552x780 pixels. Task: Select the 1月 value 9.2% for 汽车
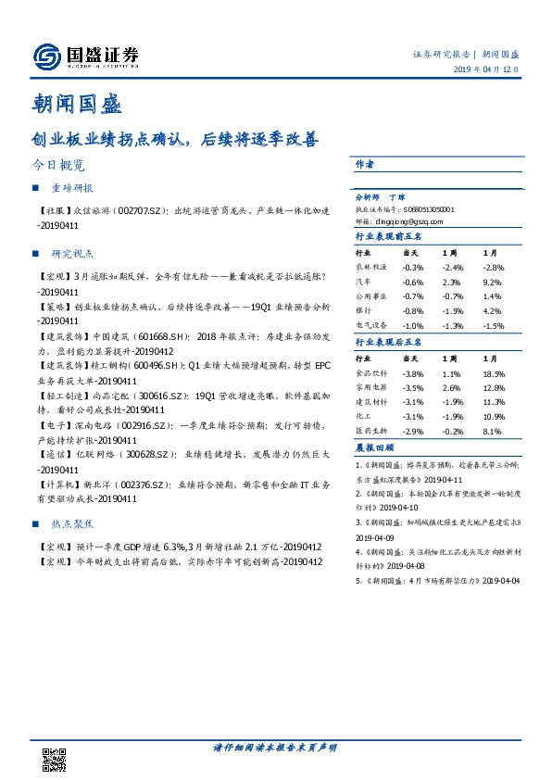point(492,282)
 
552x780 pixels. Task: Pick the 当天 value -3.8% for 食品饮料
point(412,372)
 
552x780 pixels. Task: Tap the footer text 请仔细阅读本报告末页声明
point(274,747)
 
